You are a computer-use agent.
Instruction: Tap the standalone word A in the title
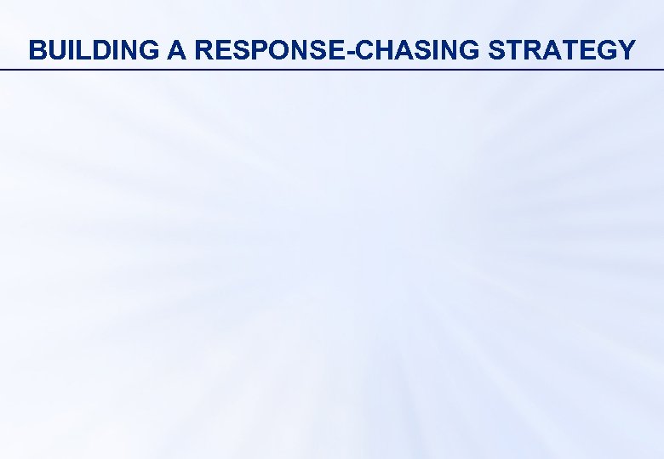[177, 50]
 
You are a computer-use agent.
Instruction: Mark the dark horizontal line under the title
[332, 69]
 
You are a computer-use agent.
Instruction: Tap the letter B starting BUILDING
[37, 50]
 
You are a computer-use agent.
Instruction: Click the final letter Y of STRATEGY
[626, 50]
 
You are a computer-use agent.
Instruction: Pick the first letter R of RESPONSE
[203, 50]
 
